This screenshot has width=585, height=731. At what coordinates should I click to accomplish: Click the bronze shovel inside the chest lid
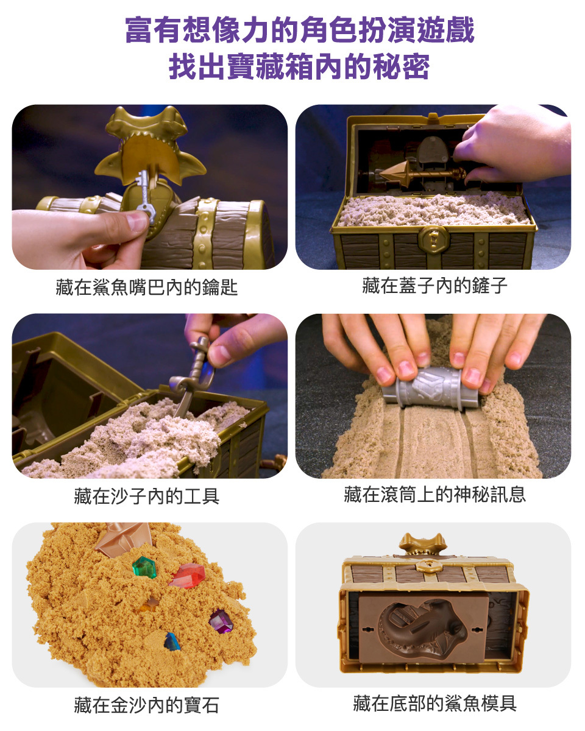click(422, 174)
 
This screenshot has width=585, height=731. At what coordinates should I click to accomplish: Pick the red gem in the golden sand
click(187, 576)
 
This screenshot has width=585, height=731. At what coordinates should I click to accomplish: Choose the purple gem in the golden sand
click(221, 621)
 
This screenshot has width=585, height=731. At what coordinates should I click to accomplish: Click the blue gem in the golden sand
click(172, 641)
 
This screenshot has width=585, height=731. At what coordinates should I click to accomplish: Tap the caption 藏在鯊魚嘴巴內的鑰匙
click(146, 288)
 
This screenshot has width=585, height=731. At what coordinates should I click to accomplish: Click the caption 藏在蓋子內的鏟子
click(434, 285)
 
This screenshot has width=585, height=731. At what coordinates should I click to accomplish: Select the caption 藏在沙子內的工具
click(146, 496)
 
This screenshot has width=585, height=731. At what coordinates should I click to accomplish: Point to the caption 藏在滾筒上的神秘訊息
click(434, 494)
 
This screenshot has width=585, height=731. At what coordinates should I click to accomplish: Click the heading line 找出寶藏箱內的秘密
click(299, 66)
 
